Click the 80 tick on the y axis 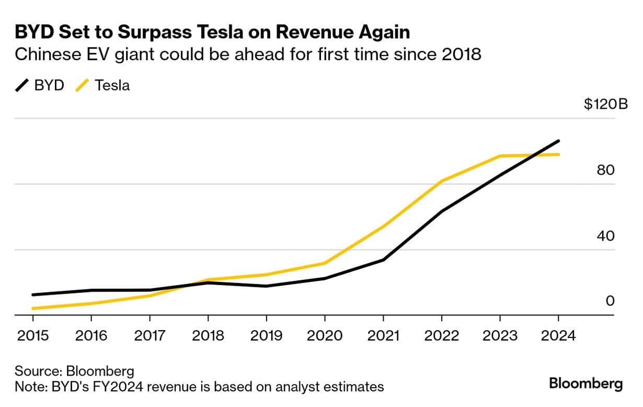click(x=606, y=170)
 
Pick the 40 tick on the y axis click(x=606, y=235)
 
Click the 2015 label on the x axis click(x=33, y=335)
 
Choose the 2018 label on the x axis click(x=208, y=335)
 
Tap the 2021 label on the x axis click(x=383, y=335)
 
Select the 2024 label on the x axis click(x=558, y=335)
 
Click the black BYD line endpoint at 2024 click(x=558, y=141)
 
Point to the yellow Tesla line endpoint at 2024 click(x=558, y=154)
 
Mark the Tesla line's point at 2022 click(x=442, y=181)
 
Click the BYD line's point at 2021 click(x=383, y=260)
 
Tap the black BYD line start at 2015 click(x=33, y=295)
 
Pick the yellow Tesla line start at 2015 click(x=33, y=309)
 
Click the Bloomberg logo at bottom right click(x=585, y=383)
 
